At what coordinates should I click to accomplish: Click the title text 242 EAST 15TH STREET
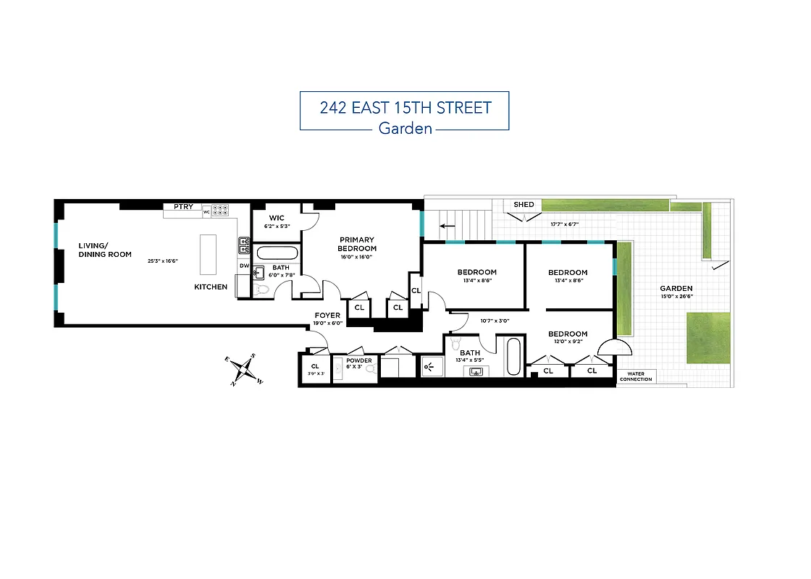405,108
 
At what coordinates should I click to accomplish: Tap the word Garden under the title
405,129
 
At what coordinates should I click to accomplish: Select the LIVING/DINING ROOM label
105,250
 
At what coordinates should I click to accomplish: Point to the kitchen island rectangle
208,254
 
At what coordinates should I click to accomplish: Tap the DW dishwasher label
244,266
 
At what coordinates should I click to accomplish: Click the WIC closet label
276,218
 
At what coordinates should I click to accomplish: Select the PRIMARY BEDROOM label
357,244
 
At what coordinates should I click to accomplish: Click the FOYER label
327,315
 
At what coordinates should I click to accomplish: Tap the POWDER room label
358,360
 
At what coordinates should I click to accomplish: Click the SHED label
524,205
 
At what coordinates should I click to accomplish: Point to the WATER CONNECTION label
636,376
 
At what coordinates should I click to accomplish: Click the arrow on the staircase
448,226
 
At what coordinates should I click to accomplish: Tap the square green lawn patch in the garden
708,338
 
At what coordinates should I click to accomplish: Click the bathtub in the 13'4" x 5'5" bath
513,356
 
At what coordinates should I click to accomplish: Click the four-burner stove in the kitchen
222,211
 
